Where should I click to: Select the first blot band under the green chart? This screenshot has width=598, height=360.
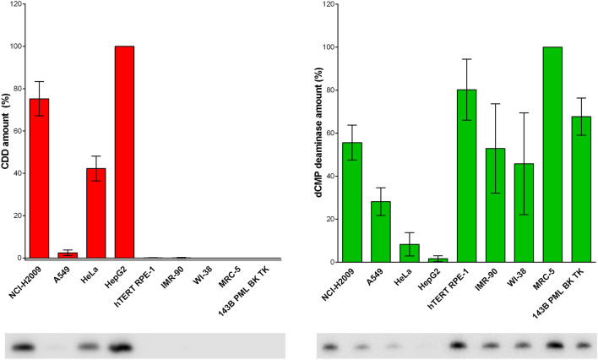tap(331, 346)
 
